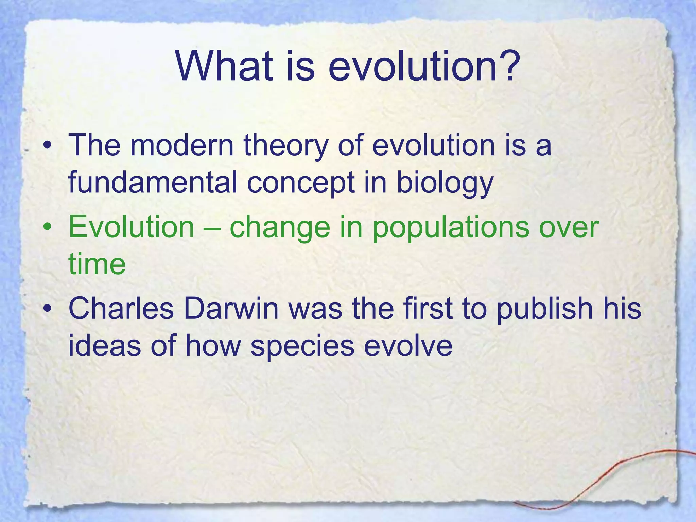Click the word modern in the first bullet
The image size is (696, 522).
coord(182,145)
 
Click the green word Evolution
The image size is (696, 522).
coord(131,227)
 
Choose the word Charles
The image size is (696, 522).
coord(121,309)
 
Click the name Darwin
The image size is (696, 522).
coord(231,309)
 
